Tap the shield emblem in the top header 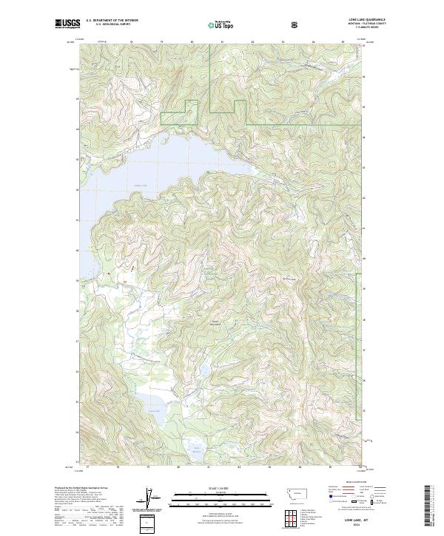point(295,25)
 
